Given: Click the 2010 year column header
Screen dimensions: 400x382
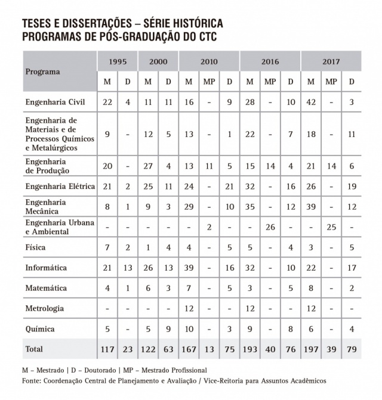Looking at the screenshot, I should coord(209,61).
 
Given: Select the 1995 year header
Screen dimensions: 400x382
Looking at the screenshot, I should coord(117,61).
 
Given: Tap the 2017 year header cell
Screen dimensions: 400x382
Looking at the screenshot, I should coord(331,61).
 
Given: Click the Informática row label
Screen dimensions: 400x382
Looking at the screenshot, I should coord(45,268).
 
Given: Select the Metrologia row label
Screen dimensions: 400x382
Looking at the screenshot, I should coord(44,308).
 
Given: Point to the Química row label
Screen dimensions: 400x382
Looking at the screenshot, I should coord(40,329).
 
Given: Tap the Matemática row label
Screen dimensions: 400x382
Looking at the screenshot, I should coord(46,288).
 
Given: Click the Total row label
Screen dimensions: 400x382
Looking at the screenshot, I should coord(34,348).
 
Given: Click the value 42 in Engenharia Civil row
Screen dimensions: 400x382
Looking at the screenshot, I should coord(311,102).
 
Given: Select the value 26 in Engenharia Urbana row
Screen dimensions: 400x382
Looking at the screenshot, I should coord(270,227).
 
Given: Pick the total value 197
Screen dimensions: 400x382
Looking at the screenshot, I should coord(311,349).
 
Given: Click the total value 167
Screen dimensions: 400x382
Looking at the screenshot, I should coord(189,349).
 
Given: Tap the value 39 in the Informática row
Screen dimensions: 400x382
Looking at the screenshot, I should coord(189,268).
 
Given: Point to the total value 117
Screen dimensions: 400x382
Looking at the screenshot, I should coord(108,349).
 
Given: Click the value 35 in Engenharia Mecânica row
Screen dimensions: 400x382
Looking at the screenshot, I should coord(250,206).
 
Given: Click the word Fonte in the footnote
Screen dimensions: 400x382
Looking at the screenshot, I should coord(33,380).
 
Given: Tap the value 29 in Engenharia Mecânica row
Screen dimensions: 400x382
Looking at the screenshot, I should coord(189,206).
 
